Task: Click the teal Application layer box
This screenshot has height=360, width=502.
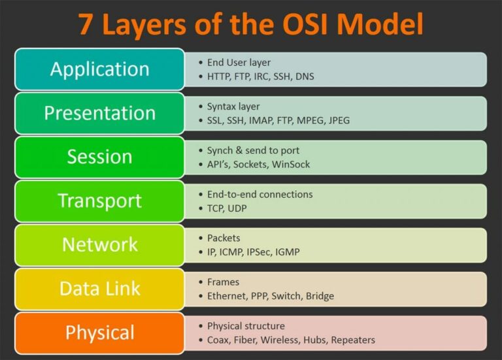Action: point(99,69)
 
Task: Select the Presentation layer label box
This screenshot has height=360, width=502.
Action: point(99,112)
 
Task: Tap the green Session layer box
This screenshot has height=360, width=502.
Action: point(99,156)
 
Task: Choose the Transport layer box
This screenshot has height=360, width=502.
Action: point(99,200)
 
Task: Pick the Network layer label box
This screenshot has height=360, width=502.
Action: point(99,244)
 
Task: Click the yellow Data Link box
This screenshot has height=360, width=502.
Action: point(99,288)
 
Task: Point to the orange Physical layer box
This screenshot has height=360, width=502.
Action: point(99,332)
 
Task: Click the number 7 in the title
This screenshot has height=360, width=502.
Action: point(86,24)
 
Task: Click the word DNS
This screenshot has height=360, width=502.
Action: point(304,76)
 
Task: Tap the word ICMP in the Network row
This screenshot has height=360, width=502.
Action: point(234,252)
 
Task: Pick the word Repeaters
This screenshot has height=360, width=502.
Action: point(353,340)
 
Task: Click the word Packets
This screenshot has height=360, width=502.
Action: point(224,238)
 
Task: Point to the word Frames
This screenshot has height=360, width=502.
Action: point(223,282)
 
